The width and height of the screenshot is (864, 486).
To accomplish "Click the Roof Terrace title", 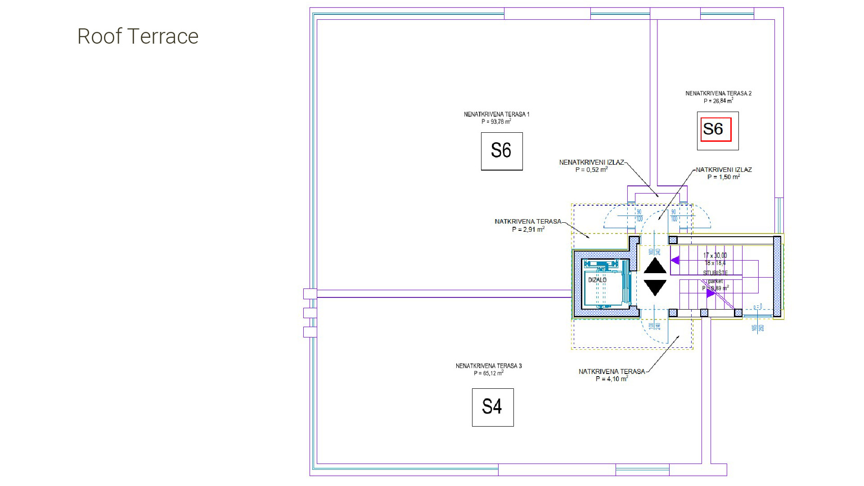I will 138,36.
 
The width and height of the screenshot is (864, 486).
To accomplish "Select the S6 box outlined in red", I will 715,130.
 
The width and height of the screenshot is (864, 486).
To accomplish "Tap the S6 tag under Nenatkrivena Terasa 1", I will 501,151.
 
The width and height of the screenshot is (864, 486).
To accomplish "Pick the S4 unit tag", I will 492,407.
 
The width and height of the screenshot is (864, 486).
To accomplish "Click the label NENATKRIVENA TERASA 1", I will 496,114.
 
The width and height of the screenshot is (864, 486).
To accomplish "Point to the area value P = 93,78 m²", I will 496,122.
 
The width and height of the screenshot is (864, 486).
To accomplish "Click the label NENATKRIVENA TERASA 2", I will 718,94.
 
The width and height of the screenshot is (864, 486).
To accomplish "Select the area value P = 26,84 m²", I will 718,101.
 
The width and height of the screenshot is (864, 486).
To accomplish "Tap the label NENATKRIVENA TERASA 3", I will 489,366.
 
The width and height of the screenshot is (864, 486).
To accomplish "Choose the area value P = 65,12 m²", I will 489,373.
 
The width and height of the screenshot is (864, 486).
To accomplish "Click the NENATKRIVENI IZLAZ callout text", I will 591,162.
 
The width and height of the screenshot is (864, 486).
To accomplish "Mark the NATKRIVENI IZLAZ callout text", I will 724,170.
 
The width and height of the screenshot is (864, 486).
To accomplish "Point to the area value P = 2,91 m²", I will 528,229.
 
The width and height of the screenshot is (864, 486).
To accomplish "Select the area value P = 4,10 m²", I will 612,379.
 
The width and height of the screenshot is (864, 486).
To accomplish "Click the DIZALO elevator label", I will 597,280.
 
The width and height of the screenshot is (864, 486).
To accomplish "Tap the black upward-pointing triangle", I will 655,266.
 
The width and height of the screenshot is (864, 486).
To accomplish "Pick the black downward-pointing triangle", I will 655,287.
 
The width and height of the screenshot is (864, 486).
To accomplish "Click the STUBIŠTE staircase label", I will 715,273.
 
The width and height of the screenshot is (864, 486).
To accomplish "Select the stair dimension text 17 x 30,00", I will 715,256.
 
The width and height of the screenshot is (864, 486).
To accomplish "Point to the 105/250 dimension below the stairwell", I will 758,328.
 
